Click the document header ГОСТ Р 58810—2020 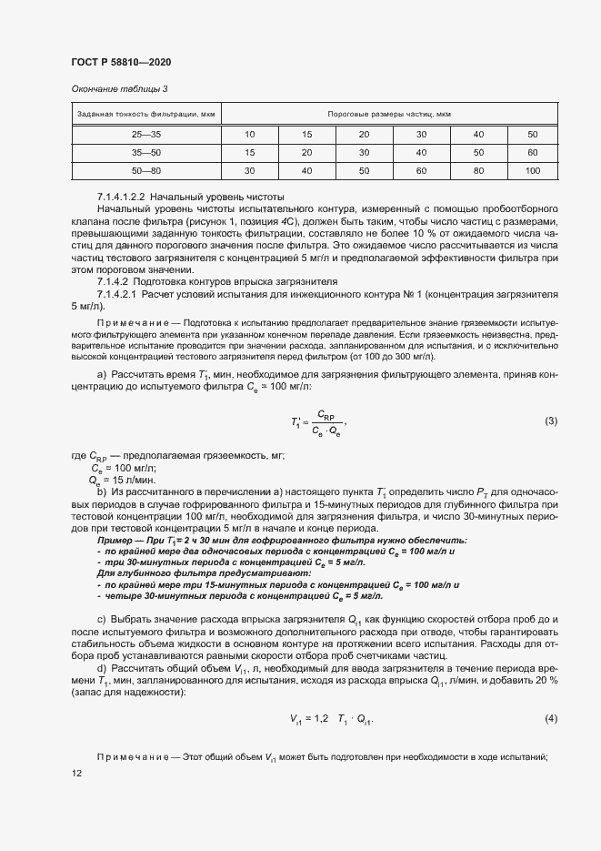[121, 62]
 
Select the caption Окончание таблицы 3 [119, 88]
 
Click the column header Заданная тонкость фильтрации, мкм [146, 114]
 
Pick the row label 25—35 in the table [146, 135]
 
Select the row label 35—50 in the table [146, 153]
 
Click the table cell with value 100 [533, 171]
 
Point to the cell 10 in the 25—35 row [249, 135]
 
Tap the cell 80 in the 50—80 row [476, 171]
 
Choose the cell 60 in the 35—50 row [533, 153]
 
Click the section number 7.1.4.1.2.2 [121, 198]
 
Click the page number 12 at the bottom [75, 773]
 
